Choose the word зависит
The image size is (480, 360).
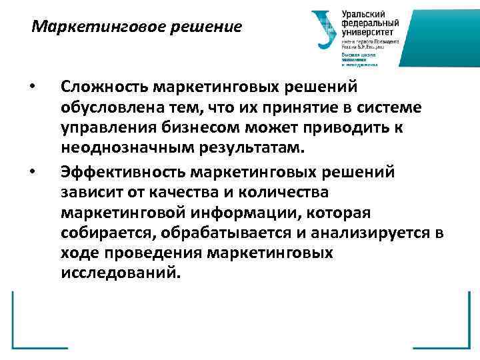[x=91, y=193]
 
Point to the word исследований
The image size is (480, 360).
[x=120, y=273]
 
